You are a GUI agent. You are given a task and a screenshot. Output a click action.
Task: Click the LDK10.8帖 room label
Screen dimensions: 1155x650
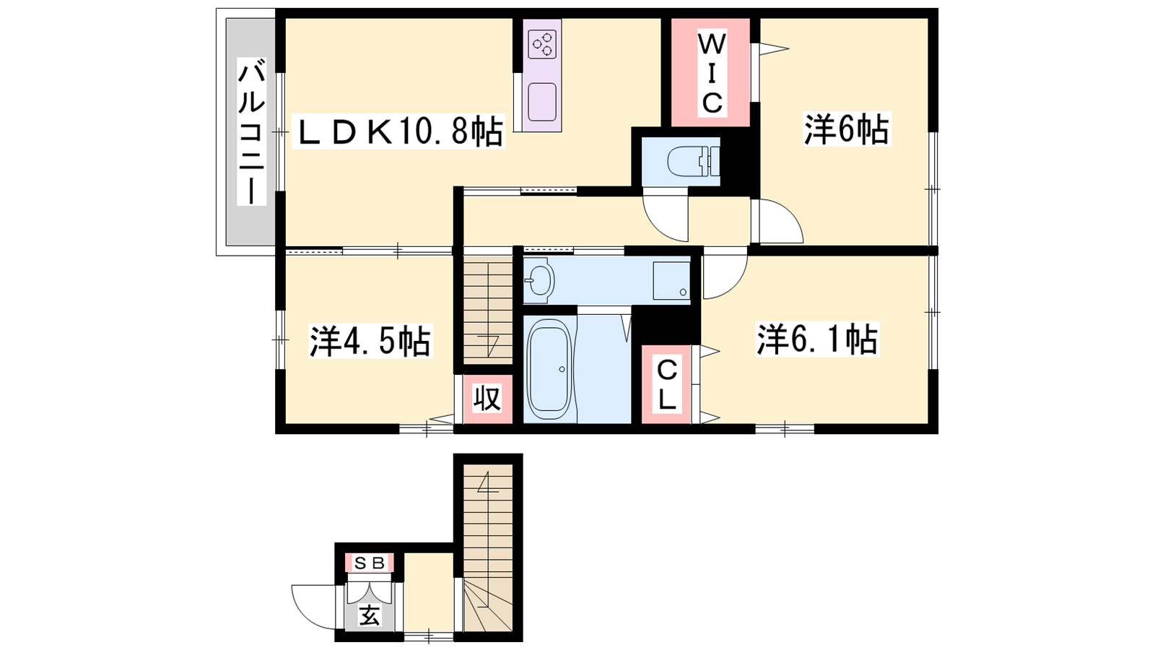click(398, 133)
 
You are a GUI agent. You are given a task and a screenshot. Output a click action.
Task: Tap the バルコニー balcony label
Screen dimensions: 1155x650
click(251, 132)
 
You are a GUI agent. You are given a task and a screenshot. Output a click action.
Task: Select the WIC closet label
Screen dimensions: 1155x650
click(711, 73)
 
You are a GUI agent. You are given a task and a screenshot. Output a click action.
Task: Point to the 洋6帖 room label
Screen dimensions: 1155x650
click(847, 129)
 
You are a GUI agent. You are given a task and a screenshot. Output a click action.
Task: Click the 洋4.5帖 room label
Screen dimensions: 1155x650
click(370, 340)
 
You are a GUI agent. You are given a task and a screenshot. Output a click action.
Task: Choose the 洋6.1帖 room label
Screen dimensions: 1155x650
click(817, 339)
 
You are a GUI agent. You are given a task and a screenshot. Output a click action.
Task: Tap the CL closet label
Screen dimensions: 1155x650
click(667, 385)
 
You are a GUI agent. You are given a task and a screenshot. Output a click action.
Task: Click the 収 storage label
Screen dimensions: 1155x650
click(487, 398)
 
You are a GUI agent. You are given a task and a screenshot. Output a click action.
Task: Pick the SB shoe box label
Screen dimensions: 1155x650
click(369, 563)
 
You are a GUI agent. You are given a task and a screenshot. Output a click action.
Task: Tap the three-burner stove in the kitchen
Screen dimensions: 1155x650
click(542, 44)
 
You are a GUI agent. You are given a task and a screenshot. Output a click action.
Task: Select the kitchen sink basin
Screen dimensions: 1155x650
click(542, 102)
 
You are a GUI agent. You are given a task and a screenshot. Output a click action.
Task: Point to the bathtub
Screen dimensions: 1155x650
click(549, 369)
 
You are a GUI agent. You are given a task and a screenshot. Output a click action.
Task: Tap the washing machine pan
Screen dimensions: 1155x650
click(671, 281)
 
